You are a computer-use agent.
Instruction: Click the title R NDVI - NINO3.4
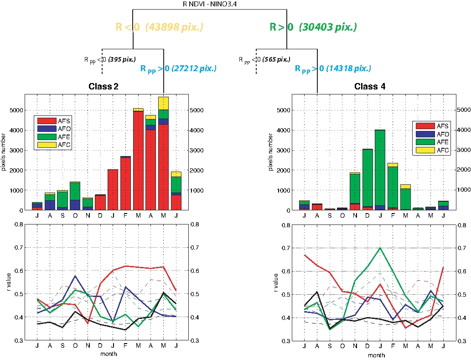(x=211, y=4)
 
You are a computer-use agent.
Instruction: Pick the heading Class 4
(x=370, y=86)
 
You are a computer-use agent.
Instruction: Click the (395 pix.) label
(x=121, y=59)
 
